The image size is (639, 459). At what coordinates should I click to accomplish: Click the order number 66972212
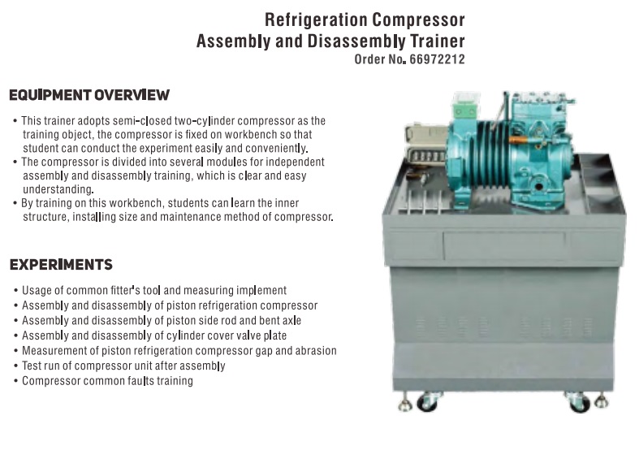click(437, 59)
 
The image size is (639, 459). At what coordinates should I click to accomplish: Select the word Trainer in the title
click(438, 41)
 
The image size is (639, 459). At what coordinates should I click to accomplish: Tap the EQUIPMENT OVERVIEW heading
click(89, 95)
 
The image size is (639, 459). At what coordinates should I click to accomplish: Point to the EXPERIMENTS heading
click(61, 265)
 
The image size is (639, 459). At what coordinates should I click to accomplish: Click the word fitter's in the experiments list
click(125, 290)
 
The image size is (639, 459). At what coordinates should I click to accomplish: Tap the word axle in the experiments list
click(291, 320)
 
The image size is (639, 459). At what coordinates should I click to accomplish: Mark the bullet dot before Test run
click(16, 366)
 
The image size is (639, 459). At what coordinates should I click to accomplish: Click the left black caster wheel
click(427, 403)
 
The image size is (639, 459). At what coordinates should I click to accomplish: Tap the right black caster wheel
click(580, 404)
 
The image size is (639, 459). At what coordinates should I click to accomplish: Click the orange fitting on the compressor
click(519, 141)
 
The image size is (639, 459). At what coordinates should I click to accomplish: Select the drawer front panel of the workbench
click(504, 246)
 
